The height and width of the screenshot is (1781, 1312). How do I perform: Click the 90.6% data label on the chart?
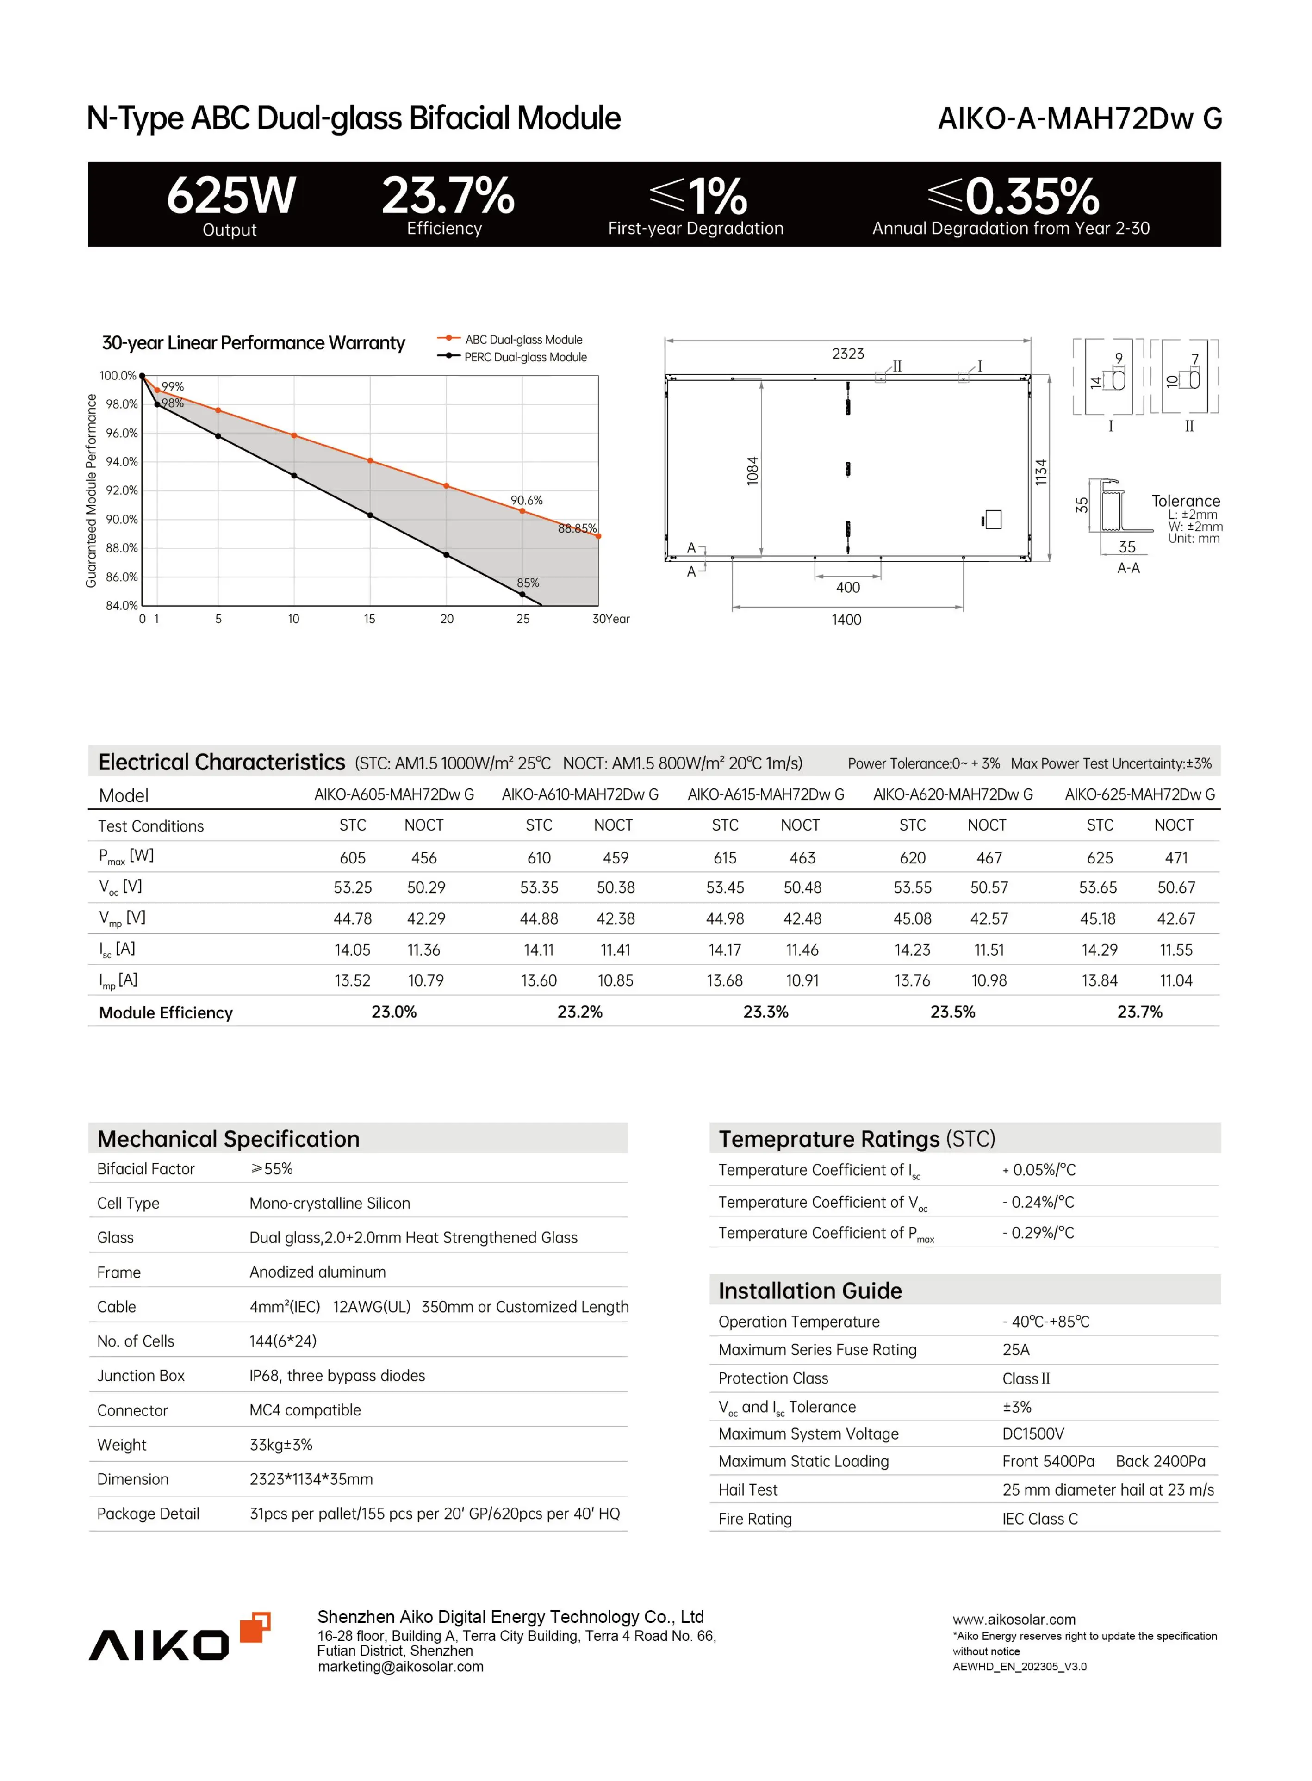(x=527, y=500)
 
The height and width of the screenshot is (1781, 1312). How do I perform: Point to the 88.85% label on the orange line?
(x=577, y=528)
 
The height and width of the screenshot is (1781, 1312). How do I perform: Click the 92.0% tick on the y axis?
(x=122, y=490)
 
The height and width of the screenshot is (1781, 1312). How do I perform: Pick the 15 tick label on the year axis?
(x=369, y=619)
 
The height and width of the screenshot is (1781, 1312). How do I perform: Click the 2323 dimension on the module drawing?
(x=847, y=354)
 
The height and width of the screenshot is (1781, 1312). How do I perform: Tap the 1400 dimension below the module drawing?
(x=846, y=619)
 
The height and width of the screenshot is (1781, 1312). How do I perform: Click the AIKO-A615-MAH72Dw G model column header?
(x=765, y=794)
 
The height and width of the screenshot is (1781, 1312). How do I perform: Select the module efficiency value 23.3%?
(x=765, y=1012)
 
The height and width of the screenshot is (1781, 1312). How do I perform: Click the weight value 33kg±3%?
(x=281, y=1444)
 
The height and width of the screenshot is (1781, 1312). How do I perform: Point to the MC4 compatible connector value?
(x=305, y=1410)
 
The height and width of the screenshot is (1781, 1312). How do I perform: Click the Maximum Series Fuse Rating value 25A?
(x=1016, y=1350)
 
